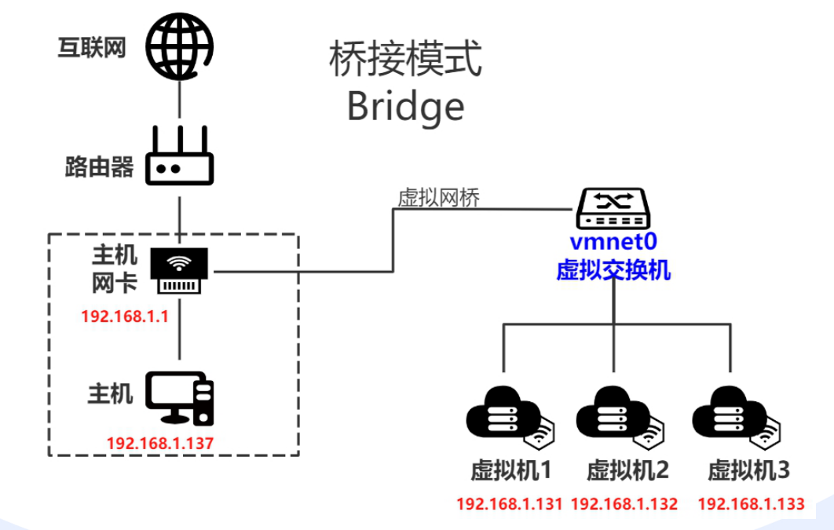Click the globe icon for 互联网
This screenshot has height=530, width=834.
click(181, 46)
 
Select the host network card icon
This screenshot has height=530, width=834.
click(181, 270)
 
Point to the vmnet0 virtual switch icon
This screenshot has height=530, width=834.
click(613, 206)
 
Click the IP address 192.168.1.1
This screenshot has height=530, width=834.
click(125, 317)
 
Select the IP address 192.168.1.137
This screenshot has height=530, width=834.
click(160, 442)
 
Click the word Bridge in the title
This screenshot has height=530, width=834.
click(405, 106)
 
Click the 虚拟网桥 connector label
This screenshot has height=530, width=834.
click(439, 198)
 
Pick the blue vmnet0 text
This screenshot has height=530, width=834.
click(612, 245)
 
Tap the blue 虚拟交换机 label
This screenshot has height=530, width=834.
click(613, 270)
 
